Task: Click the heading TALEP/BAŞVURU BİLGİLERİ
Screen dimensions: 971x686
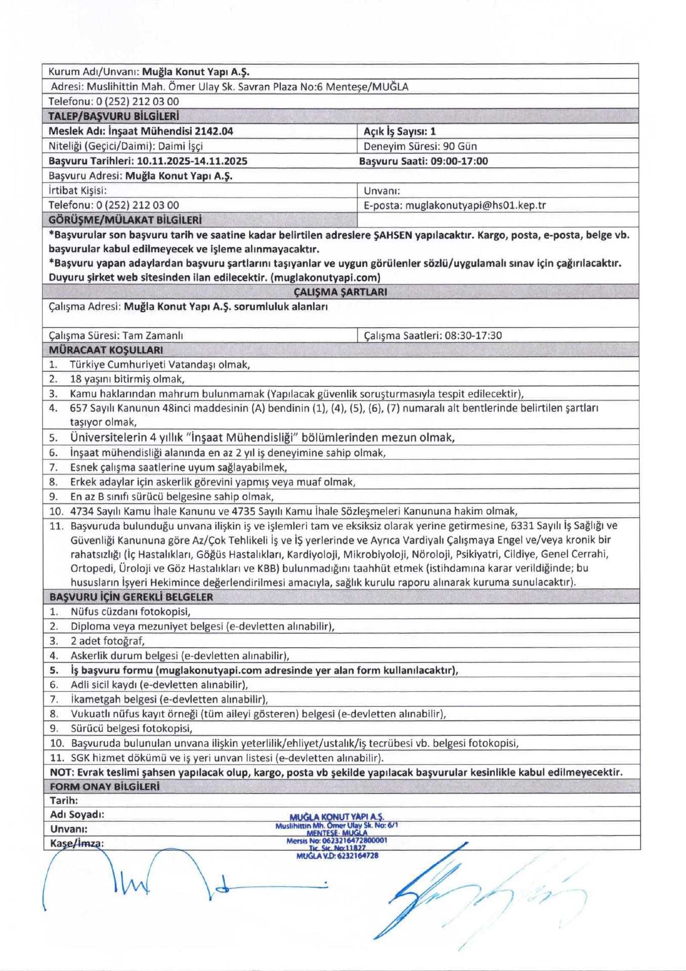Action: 114,116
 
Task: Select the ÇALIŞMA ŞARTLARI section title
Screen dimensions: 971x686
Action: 340,292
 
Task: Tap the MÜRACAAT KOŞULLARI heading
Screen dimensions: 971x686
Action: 106,350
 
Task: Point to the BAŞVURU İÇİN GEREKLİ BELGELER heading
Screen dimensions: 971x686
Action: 131,597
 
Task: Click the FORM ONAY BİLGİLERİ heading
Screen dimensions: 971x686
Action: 105,786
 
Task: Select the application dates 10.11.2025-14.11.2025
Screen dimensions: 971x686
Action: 192,161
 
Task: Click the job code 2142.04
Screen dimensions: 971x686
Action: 214,131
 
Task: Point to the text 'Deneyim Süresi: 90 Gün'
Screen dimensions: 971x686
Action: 420,147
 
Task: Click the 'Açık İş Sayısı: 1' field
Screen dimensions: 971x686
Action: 399,131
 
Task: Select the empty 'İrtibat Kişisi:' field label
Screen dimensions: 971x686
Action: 77,191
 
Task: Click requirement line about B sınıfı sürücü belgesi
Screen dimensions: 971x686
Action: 172,497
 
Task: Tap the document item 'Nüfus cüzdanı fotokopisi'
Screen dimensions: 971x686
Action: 130,612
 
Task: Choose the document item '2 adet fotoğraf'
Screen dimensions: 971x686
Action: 108,641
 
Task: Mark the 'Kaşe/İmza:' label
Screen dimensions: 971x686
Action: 77,843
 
